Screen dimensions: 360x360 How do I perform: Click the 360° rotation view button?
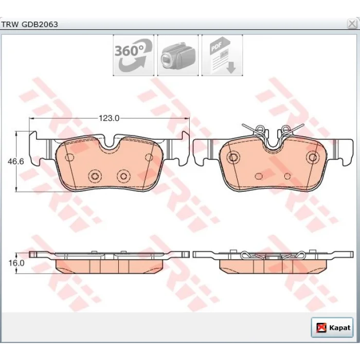pos(133,56)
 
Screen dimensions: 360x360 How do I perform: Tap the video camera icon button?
pos(178,56)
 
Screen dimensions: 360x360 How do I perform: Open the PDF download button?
pos(222,56)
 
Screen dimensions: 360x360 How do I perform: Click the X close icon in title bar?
pos(352,24)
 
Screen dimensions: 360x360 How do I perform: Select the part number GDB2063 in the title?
pos(40,24)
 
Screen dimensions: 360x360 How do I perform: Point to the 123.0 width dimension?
pos(109,118)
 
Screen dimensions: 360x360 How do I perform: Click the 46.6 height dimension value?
pos(16,161)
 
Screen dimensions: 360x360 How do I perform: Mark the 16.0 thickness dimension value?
pos(16,263)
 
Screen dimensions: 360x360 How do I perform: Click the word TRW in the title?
pos(10,24)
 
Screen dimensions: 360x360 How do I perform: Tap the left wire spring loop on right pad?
pos(260,129)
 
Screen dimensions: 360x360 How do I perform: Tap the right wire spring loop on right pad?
pos(286,129)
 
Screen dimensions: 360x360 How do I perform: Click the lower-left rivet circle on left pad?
pos(95,176)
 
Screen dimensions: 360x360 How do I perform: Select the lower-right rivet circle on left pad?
pos(123,176)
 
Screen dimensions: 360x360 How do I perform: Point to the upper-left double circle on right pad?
pos(233,157)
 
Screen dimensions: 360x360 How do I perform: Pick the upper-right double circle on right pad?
pos(313,157)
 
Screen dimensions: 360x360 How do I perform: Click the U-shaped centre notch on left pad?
pos(110,145)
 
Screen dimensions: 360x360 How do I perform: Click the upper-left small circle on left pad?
pos(69,157)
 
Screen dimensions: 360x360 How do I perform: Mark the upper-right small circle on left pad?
pos(149,157)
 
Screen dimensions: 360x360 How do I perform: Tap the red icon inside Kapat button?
pos(321,328)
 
